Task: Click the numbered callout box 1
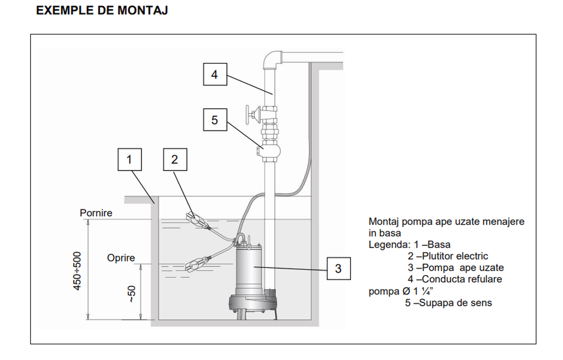tap(129, 160)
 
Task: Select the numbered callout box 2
tap(175, 160)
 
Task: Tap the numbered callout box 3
tap(338, 268)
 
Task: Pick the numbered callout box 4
tap(214, 74)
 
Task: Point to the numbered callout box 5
tap(214, 120)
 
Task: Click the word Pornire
tap(96, 213)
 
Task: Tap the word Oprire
tap(121, 258)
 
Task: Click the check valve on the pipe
tap(270, 150)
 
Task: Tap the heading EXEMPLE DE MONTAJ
tap(102, 11)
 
